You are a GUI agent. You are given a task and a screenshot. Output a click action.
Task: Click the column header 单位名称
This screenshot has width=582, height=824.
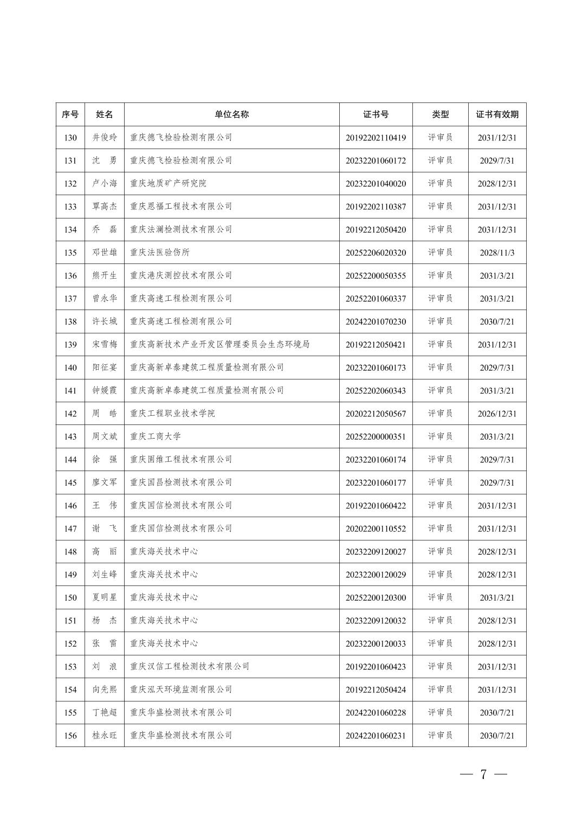[x=231, y=114]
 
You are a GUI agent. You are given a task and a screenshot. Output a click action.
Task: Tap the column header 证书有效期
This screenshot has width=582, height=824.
[x=497, y=114]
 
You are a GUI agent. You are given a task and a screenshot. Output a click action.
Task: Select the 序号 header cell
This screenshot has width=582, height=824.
[x=70, y=114]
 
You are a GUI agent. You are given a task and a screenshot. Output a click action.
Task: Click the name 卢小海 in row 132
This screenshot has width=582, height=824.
[x=105, y=183]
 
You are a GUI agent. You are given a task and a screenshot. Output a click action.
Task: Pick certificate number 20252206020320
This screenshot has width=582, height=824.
[x=376, y=253]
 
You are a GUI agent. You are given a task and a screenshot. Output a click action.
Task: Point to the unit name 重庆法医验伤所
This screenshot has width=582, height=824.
[x=160, y=253]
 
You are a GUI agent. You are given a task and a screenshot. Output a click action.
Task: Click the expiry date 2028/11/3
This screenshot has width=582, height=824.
[x=497, y=253]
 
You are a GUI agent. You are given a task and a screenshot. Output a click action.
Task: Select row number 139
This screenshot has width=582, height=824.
[x=70, y=345]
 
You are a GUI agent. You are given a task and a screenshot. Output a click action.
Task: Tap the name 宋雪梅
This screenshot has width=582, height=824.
[x=105, y=345]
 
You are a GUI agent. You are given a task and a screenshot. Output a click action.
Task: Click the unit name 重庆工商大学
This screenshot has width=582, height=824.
[x=156, y=436]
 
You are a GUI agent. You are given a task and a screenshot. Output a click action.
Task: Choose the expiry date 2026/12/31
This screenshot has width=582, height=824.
[x=497, y=414]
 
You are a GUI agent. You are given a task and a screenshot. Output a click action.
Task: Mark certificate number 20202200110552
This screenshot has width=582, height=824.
[x=376, y=529]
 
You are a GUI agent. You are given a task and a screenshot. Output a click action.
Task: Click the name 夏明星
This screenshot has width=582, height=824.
[x=105, y=597]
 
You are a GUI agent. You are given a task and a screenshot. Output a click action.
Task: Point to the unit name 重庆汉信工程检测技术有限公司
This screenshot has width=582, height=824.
[x=190, y=666]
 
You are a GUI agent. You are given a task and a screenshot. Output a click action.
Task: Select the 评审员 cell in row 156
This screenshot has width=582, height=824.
[x=440, y=736]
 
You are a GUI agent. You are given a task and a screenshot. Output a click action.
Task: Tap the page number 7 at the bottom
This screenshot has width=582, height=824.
[x=483, y=774]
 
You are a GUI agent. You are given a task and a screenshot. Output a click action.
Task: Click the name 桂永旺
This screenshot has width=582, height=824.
[x=105, y=736]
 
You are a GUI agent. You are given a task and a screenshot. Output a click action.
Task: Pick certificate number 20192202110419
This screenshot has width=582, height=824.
[x=376, y=138]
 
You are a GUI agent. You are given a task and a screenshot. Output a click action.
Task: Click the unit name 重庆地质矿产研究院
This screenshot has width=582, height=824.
[x=168, y=183]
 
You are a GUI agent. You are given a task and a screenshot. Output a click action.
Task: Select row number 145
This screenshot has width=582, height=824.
[x=70, y=482]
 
